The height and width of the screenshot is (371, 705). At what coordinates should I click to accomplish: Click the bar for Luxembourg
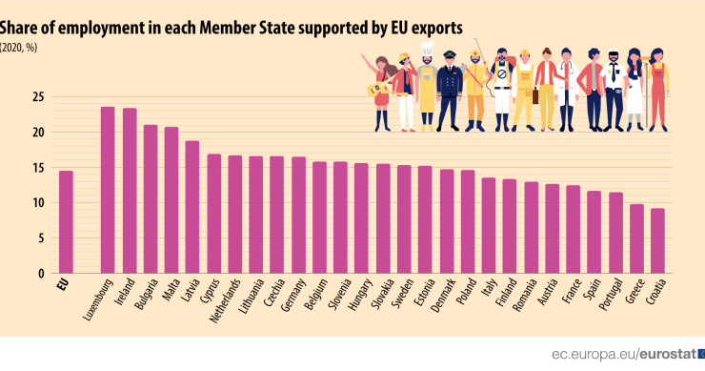(108, 190)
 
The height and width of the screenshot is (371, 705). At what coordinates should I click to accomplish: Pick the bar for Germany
(298, 215)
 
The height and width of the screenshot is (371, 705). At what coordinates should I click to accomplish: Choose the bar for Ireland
(130, 191)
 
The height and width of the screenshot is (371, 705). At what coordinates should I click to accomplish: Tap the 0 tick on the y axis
(41, 274)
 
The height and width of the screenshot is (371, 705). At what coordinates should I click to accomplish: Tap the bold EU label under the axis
(63, 285)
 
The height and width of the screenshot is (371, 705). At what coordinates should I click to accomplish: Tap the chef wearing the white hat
(426, 91)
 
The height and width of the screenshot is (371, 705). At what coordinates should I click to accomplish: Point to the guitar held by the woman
(377, 90)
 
